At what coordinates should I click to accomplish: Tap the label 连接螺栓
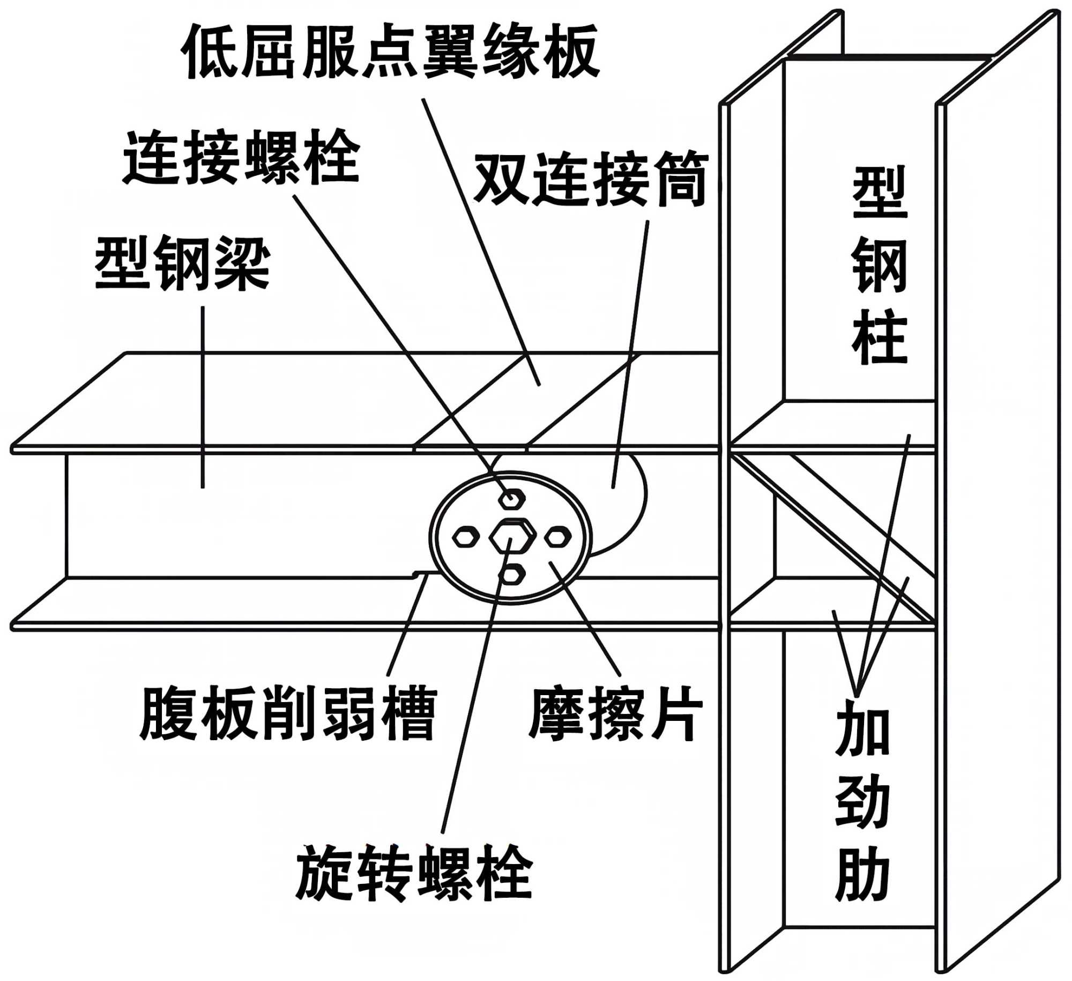click(241, 157)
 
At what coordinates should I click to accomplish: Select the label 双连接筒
click(591, 179)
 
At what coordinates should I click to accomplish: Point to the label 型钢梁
click(183, 263)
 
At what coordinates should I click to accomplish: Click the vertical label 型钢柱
click(879, 265)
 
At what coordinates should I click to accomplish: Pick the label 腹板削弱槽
click(288, 713)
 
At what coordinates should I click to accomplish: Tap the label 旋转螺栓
click(414, 872)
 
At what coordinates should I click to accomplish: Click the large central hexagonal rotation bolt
click(512, 537)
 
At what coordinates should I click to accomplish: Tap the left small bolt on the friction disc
click(466, 537)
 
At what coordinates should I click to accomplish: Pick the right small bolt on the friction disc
click(558, 537)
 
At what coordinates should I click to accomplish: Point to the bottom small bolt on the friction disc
click(512, 574)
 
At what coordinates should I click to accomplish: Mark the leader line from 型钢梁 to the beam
click(203, 397)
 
